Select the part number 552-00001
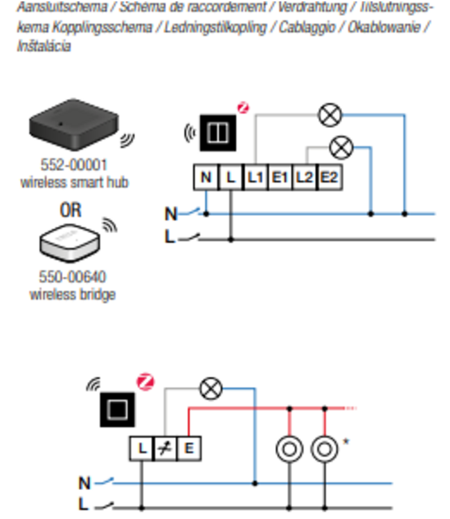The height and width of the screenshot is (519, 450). (73, 166)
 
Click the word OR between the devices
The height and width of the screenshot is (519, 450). (71, 210)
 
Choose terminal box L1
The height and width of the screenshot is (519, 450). (255, 178)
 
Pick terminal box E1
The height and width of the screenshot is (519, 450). (280, 178)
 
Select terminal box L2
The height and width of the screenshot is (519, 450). (305, 178)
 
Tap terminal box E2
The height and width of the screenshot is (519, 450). (330, 178)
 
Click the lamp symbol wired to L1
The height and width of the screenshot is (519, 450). (330, 115)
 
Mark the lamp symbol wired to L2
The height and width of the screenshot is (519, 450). (341, 147)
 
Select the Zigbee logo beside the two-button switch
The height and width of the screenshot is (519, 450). (243, 107)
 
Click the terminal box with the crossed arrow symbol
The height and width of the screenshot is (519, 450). (165, 449)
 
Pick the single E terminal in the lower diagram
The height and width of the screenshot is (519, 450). (189, 449)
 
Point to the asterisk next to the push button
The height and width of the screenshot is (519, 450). (345, 439)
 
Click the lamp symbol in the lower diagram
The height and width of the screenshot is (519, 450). (210, 388)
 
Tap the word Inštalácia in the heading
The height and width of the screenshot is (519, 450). (43, 46)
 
